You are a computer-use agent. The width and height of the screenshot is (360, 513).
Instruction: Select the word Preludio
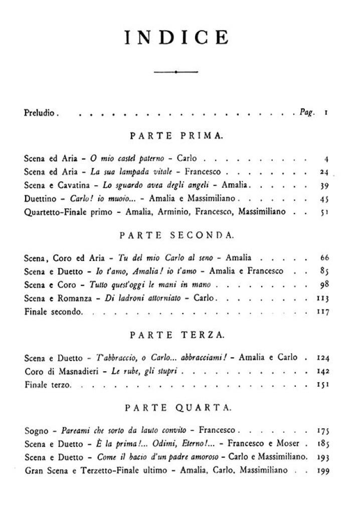point(41,113)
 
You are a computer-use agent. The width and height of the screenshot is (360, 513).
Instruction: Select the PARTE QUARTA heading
point(181,408)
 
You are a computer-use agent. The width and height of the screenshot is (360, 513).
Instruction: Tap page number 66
point(323,258)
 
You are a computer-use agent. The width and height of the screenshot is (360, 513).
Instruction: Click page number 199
point(322,470)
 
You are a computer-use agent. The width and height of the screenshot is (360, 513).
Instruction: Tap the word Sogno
point(36,430)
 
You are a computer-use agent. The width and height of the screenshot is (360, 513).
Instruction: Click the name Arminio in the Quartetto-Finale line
point(168,212)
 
